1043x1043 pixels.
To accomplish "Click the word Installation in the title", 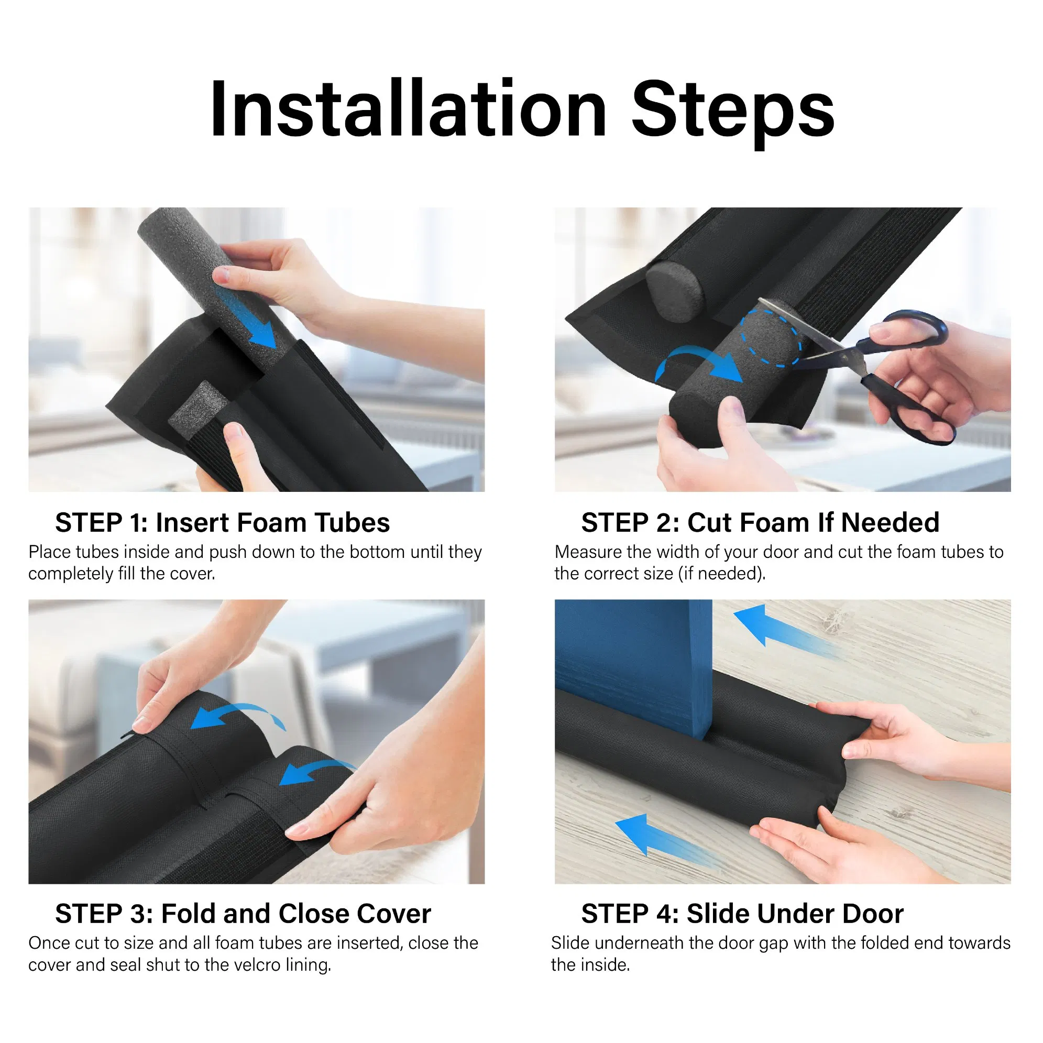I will pos(408,109).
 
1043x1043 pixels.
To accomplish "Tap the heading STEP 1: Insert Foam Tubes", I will pos(223,523).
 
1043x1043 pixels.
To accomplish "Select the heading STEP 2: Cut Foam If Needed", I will pos(760,523).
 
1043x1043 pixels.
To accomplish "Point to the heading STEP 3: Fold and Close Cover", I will pos(243,914).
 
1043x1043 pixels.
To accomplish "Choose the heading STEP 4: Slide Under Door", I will pos(742,914).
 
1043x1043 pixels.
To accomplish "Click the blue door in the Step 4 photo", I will pos(632,664).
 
